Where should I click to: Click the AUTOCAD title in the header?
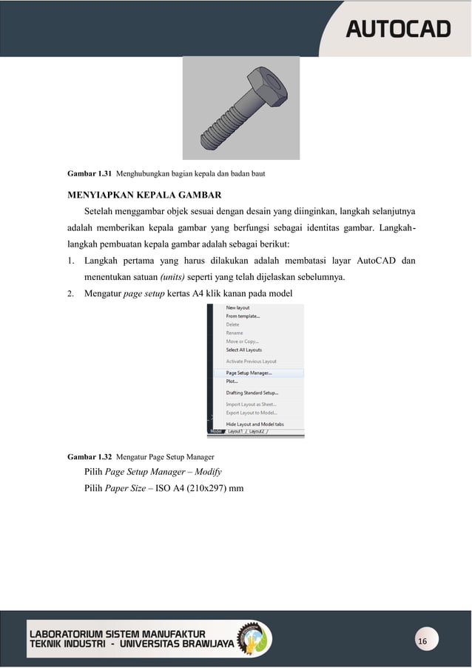pos(398,29)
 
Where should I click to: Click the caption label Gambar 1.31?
pos(89,174)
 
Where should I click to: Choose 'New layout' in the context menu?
pos(237,307)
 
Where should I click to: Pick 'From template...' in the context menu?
pos(243,316)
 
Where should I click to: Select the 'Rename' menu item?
pos(235,333)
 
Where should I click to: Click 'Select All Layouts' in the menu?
pos(244,350)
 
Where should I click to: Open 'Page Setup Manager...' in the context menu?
pos(249,373)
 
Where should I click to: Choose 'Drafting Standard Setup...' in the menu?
pos(252,393)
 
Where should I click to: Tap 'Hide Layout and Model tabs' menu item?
pos(254,424)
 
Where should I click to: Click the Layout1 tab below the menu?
pos(236,431)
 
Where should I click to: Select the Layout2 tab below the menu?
pos(257,431)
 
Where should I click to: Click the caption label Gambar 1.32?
pos(89,456)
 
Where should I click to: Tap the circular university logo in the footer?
pos(254,639)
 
